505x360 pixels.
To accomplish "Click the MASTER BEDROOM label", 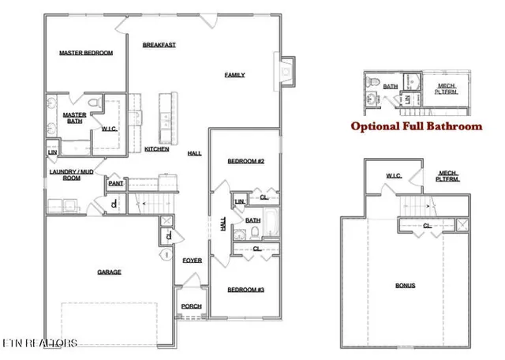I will click(86, 54).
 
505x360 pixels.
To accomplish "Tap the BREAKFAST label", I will click(159, 45).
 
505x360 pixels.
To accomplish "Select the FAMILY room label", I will click(234, 75).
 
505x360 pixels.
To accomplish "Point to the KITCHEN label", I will click(156, 149).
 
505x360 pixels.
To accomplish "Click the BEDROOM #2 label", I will click(245, 161).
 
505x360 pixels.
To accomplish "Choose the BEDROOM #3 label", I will click(245, 291).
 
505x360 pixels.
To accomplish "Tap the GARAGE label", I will click(109, 272).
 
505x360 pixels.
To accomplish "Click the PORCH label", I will click(191, 306).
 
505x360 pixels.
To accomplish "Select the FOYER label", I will click(192, 260).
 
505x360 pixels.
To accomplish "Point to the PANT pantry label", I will click(115, 183).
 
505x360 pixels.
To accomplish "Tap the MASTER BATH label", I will click(74, 118).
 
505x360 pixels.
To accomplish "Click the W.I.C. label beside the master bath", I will click(109, 129).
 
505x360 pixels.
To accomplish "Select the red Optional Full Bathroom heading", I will click(416, 126).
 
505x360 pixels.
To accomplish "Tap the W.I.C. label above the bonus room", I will click(395, 175).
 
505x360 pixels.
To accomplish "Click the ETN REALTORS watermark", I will click(39, 343).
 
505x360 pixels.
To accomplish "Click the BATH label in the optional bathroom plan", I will click(391, 87).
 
